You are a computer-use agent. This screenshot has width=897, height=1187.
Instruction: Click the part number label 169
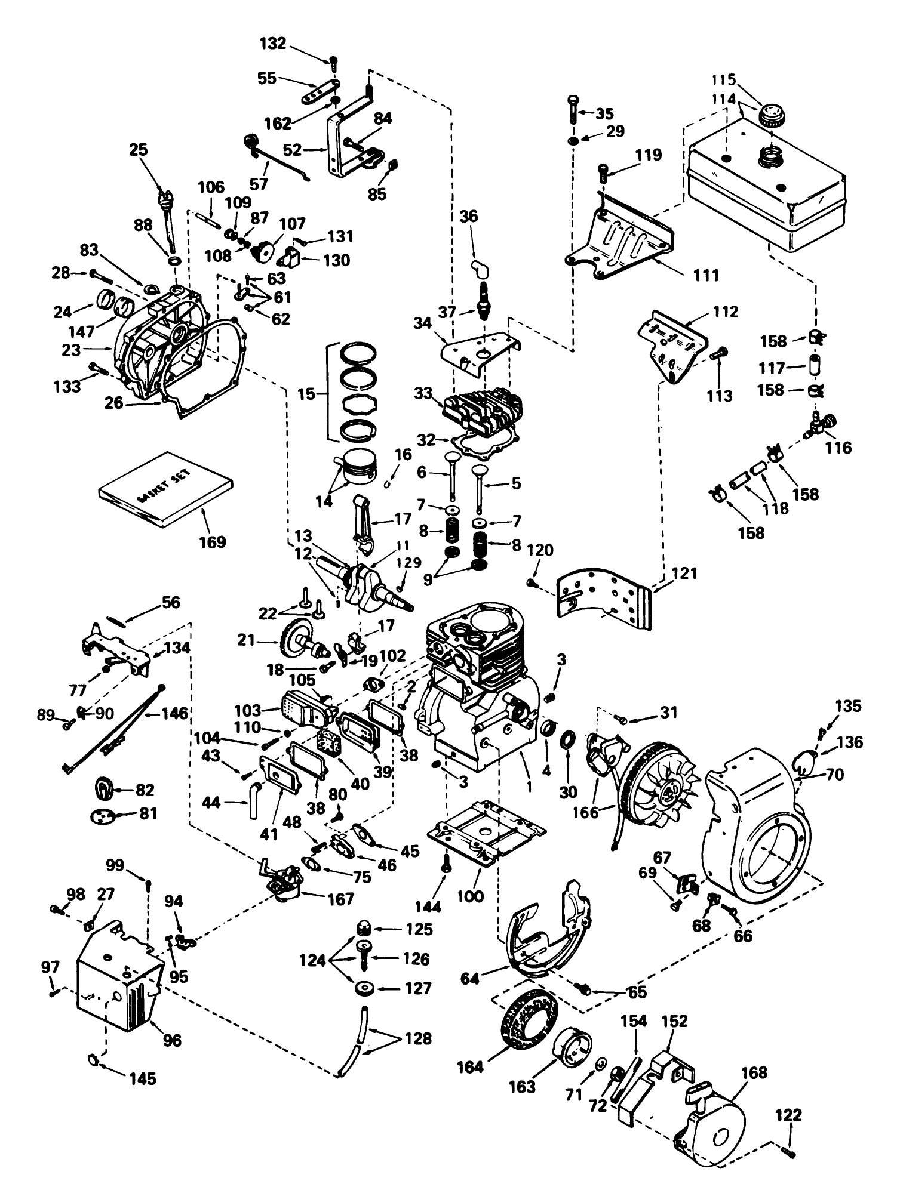[213, 542]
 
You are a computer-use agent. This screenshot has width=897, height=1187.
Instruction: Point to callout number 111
[706, 275]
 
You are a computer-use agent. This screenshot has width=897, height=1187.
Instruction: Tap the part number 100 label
[470, 896]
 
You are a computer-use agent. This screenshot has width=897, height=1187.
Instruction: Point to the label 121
[684, 574]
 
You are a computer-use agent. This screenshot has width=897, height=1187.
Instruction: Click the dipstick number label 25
[139, 150]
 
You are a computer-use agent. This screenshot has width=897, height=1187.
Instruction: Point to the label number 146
[175, 713]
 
